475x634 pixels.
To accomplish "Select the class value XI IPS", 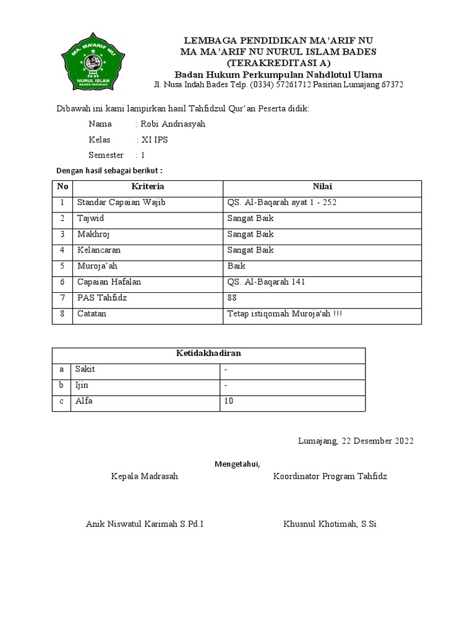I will [x=155, y=140].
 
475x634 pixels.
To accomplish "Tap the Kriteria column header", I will [x=148, y=186].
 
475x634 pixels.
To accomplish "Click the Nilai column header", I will [x=322, y=186].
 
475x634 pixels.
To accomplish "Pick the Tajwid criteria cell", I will [x=90, y=219].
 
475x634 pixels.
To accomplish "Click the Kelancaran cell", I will [x=99, y=250].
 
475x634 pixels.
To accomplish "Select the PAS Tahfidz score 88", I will [x=233, y=298].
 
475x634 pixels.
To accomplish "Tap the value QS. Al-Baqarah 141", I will [x=266, y=282].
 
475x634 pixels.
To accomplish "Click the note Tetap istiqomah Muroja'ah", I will [x=285, y=314].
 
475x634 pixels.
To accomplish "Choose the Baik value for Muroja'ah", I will [x=236, y=266].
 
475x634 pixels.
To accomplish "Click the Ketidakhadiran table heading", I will [x=208, y=354].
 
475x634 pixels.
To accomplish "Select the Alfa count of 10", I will [x=229, y=401].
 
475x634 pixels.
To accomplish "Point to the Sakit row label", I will [x=85, y=369].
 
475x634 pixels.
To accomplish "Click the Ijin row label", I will [x=82, y=385].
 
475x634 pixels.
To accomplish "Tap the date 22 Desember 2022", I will [x=377, y=441].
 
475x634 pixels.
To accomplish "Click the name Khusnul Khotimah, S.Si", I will [x=330, y=524].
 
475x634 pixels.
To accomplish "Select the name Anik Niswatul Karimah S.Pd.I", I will [x=145, y=524].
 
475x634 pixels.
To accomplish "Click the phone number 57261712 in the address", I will [x=293, y=84].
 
